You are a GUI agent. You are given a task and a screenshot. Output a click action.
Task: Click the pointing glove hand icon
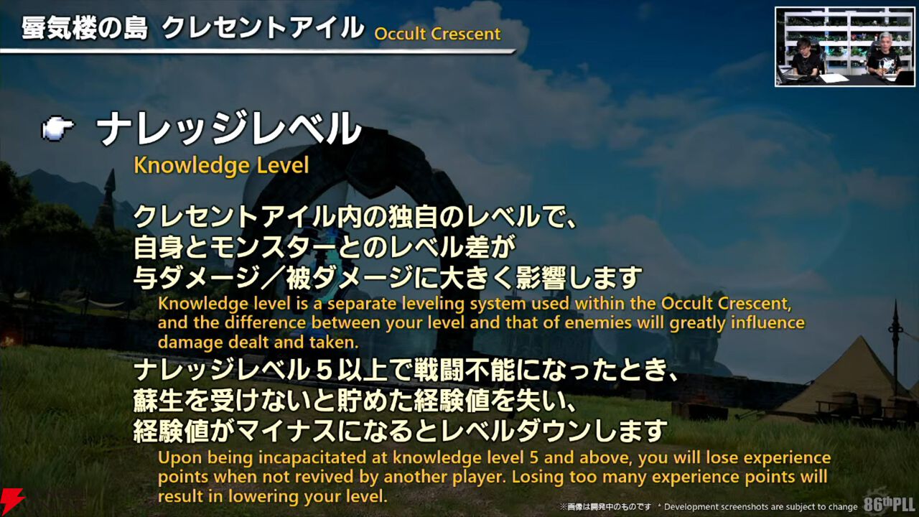(x=58, y=128)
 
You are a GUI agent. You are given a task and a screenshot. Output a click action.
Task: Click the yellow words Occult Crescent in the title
(x=437, y=34)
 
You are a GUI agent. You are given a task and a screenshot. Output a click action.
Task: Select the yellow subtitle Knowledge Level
(x=221, y=166)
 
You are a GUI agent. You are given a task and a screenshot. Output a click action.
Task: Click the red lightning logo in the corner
(x=11, y=503)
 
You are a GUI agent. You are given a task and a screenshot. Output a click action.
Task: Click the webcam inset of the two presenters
(x=845, y=47)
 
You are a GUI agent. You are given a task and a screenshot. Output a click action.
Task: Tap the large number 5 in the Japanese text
(x=324, y=371)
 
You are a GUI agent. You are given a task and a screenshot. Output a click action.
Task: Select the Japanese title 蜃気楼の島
(x=84, y=29)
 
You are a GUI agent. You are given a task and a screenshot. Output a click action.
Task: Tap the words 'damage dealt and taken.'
(x=258, y=343)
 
